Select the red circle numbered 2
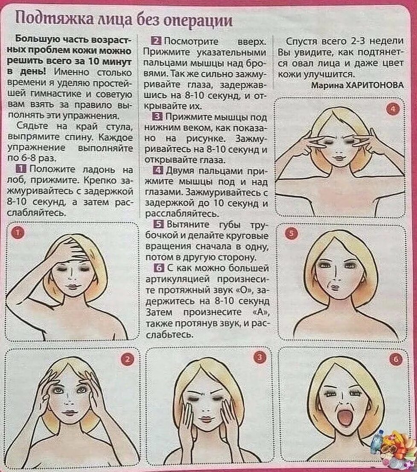tap(127, 359)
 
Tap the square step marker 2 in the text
tap(157, 41)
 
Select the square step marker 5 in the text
tap(158, 224)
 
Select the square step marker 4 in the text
tap(158, 171)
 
